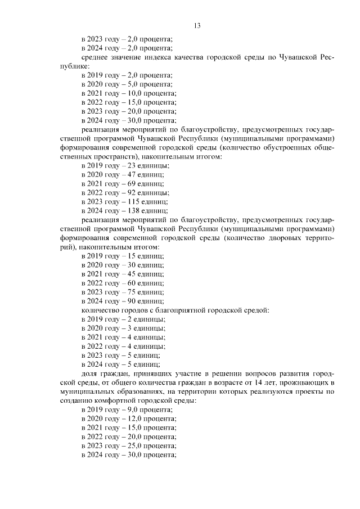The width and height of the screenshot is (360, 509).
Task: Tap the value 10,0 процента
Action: (x=152, y=93)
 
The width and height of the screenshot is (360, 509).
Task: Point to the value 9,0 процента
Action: (x=150, y=410)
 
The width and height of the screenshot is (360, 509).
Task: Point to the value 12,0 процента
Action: (x=152, y=419)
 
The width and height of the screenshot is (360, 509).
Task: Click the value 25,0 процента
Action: (x=152, y=446)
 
